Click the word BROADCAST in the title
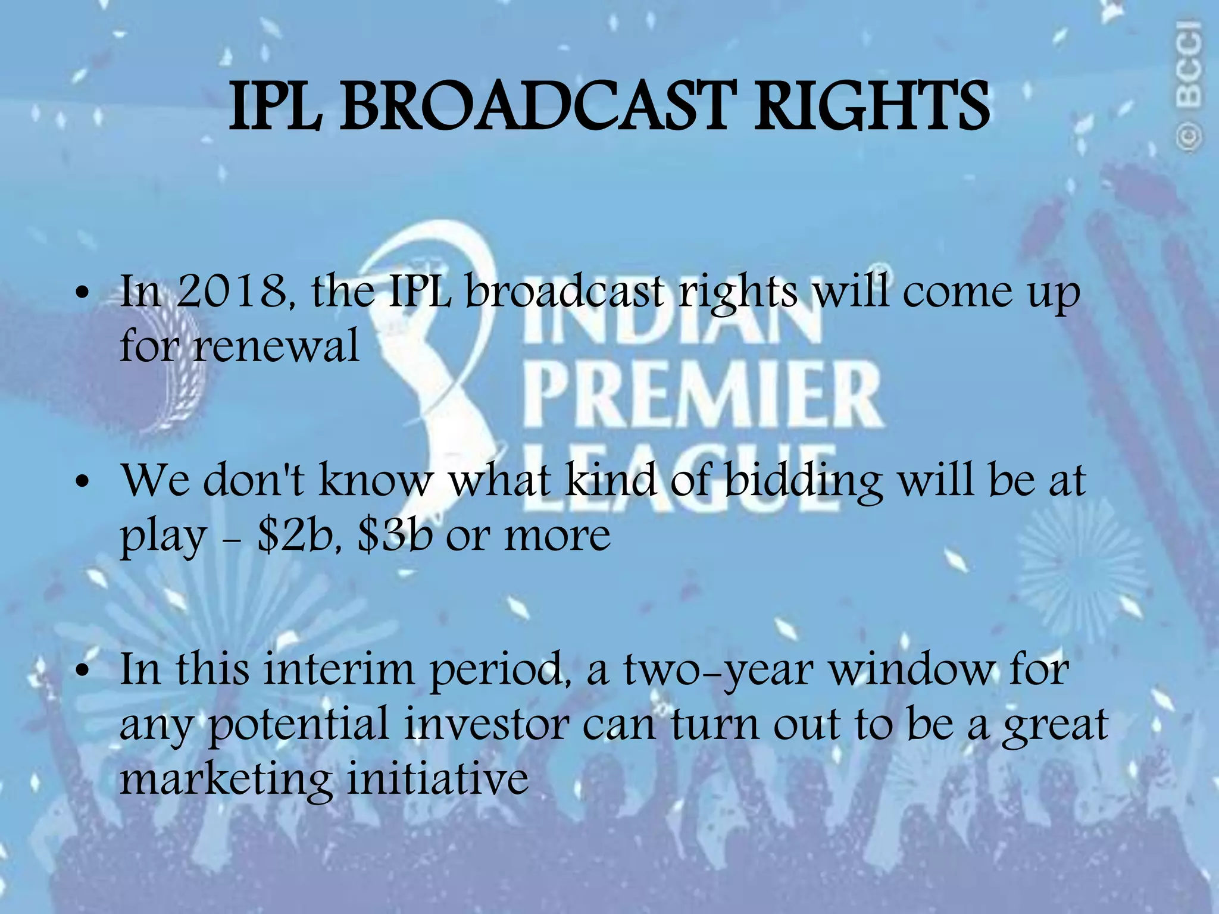tap(533, 107)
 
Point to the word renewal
tap(276, 346)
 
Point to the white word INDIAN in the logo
tap(673, 324)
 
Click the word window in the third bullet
tap(911, 669)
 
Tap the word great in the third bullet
tap(1054, 725)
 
